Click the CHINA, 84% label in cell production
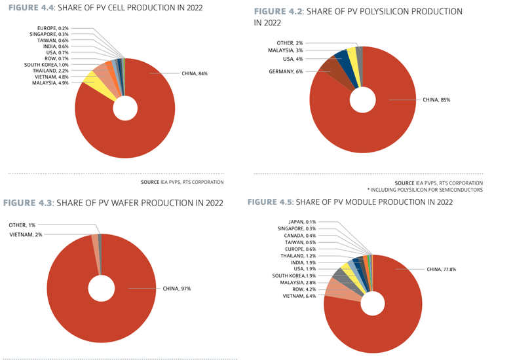[x=195, y=73]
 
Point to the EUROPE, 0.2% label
[x=53, y=29]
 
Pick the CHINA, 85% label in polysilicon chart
[x=436, y=99]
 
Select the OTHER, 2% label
[x=290, y=42]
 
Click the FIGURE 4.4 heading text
[x=105, y=8]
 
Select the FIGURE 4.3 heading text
[x=114, y=202]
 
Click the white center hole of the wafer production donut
[x=102, y=288]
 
